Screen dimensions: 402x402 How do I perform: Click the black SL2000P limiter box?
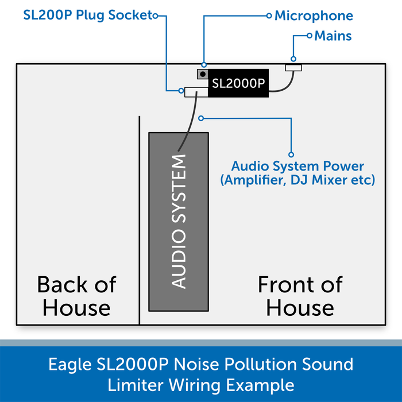pos(238,83)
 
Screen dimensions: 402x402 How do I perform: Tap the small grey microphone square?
pos(202,74)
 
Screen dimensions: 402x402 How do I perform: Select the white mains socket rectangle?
pos(293,68)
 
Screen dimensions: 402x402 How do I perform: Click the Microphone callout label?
pos(314,16)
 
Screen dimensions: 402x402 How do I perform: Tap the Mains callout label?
pos(333,36)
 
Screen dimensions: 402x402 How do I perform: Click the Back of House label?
pos(76,296)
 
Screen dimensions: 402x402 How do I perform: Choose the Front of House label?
pos(300,296)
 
